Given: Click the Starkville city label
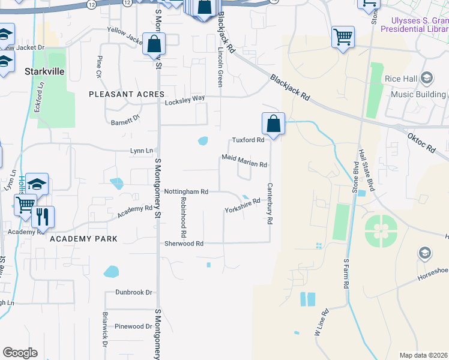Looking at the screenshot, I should (44, 71).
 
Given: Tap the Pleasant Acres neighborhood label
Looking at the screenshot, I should (127, 94).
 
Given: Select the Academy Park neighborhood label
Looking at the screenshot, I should (83, 238).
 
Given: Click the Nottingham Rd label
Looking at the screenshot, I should (186, 191).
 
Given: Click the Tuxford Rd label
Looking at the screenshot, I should (248, 140).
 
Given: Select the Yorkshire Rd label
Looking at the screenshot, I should (242, 206).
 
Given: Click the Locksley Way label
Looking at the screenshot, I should (185, 99).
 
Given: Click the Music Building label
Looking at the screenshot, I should (418, 94).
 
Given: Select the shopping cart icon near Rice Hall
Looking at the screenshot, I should (343, 37).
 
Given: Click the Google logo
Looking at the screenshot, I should (19, 353).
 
